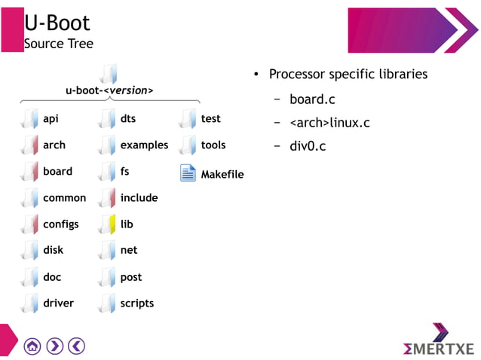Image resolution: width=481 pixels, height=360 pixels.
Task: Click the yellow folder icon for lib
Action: coord(108,224)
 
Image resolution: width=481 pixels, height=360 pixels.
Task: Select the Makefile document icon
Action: coord(188,173)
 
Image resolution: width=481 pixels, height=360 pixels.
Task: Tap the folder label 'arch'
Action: coord(54,145)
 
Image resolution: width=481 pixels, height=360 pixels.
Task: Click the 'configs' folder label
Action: coord(60,224)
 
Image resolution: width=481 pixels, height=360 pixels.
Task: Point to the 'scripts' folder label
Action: coord(136,304)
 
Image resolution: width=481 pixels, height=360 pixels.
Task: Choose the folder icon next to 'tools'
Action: coord(187,145)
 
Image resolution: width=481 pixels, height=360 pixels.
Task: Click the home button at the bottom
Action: coord(32,346)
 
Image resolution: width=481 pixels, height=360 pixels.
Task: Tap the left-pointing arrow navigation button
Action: coord(78,346)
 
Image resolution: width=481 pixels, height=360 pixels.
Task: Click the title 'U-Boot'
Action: coord(57,23)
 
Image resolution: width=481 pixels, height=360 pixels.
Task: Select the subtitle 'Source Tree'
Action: coord(59,44)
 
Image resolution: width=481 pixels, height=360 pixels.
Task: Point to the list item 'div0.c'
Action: coord(308,146)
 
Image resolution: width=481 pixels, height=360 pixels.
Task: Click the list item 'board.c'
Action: coord(312,99)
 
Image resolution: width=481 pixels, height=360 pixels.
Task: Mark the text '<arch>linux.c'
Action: coord(329,123)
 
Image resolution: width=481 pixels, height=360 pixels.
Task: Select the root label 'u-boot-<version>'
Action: coord(109,91)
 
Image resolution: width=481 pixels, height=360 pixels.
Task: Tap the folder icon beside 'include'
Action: coord(108,197)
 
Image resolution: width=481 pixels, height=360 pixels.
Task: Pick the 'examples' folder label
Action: coord(144,145)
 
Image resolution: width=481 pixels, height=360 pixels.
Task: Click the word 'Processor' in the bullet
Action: coord(296,75)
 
